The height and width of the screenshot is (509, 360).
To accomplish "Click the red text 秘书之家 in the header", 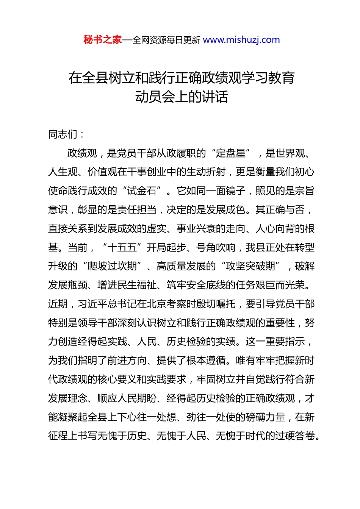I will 103,40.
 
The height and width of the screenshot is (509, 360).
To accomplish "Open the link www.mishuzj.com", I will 241,40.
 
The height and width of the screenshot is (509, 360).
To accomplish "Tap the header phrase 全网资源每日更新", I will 166,40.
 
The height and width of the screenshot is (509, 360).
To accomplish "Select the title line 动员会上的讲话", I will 182,97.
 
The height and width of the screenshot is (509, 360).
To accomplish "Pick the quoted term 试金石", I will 142,191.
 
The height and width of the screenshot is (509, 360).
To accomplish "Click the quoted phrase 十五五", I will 122,248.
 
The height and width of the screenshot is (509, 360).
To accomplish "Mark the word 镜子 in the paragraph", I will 236,191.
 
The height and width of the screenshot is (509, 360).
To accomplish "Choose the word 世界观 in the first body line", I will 290,153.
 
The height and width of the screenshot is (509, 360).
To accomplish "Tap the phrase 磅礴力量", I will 265,417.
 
